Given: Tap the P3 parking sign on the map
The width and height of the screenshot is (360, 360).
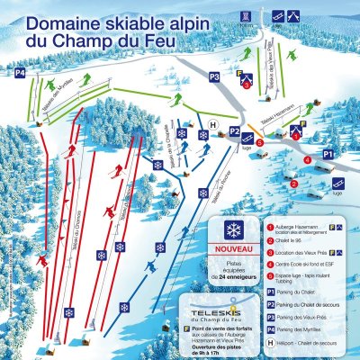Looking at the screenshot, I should (214, 77).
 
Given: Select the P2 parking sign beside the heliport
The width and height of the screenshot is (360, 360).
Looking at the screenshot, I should (234, 131).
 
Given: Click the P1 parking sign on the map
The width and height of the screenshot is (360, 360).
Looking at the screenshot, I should (328, 155).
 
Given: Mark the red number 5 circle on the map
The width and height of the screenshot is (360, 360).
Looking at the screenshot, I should (259, 141).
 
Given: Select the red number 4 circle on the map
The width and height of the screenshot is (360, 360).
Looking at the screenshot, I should (307, 160).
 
